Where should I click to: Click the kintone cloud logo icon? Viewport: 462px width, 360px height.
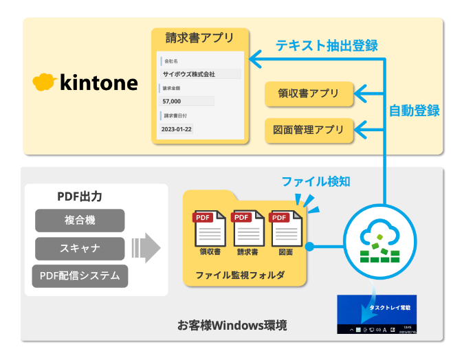[x=45, y=82]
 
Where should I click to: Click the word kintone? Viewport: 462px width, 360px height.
[x=99, y=83]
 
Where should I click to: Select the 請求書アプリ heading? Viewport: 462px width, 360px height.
[x=199, y=37]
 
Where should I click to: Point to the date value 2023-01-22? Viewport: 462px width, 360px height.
[x=177, y=128]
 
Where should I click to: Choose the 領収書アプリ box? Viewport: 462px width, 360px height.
[x=309, y=94]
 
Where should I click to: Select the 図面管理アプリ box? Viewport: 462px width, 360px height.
[x=309, y=129]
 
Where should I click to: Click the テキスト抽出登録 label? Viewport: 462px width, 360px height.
[x=327, y=45]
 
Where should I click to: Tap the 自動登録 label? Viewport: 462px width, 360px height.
[x=414, y=110]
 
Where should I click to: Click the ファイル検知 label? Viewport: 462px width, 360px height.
[x=316, y=181]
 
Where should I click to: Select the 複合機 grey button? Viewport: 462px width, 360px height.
[x=80, y=221]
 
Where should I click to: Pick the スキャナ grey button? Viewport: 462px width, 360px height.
[x=80, y=248]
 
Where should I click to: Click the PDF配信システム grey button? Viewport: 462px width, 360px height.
[x=80, y=276]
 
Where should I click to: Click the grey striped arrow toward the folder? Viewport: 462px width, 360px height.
[x=145, y=247]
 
